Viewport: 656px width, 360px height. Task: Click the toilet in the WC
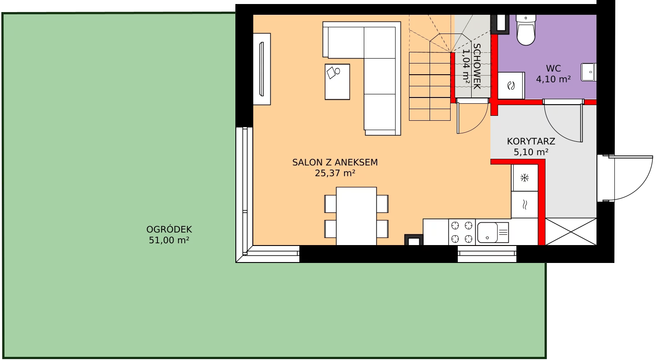click(x=526, y=30)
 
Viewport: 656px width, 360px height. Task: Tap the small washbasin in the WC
click(x=588, y=72)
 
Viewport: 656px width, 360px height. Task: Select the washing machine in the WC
click(x=511, y=85)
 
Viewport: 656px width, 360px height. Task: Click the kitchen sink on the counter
click(x=493, y=233)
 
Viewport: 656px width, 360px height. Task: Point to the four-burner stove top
click(x=462, y=232)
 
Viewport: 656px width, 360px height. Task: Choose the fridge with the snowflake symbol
click(x=524, y=178)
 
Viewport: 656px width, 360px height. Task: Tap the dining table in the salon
click(x=356, y=216)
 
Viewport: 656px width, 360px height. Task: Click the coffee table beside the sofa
click(x=337, y=82)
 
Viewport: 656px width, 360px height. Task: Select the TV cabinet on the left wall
click(x=262, y=69)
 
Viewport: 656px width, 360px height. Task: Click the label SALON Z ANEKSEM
click(x=335, y=162)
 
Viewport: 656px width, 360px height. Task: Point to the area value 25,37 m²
click(x=335, y=173)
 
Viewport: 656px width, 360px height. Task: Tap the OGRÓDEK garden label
click(x=169, y=229)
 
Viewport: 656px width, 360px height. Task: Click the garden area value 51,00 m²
click(x=169, y=240)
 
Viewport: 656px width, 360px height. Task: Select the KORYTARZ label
click(x=531, y=141)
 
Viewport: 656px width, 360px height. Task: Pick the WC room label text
click(x=554, y=68)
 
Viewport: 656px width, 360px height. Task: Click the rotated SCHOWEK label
click(x=477, y=67)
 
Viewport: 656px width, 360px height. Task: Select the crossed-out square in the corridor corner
click(x=571, y=232)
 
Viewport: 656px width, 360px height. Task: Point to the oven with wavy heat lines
click(x=524, y=205)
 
